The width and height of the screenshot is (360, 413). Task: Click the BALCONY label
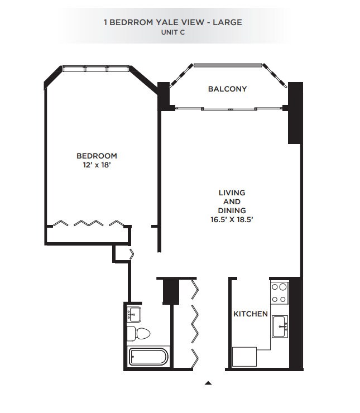[227, 89]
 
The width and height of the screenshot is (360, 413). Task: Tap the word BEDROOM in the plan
[97, 156]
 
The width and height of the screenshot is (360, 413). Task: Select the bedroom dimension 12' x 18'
[97, 165]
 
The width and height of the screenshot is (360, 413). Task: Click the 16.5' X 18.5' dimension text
[232, 219]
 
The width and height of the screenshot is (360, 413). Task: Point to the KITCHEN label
[250, 314]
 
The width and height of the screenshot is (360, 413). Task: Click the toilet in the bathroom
[139, 334]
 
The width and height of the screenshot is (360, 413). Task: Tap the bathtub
[147, 357]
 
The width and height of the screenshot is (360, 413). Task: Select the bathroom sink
[134, 314]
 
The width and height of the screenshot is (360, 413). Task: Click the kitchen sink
[280, 325]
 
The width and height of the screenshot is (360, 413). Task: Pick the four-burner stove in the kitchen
[279, 293]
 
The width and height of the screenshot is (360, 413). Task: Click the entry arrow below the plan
[208, 383]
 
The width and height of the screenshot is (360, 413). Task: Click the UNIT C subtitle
[172, 32]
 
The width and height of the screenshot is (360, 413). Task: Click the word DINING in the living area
[232, 210]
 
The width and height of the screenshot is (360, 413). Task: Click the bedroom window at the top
[96, 69]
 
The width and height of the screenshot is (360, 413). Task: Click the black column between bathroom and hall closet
[169, 290]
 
